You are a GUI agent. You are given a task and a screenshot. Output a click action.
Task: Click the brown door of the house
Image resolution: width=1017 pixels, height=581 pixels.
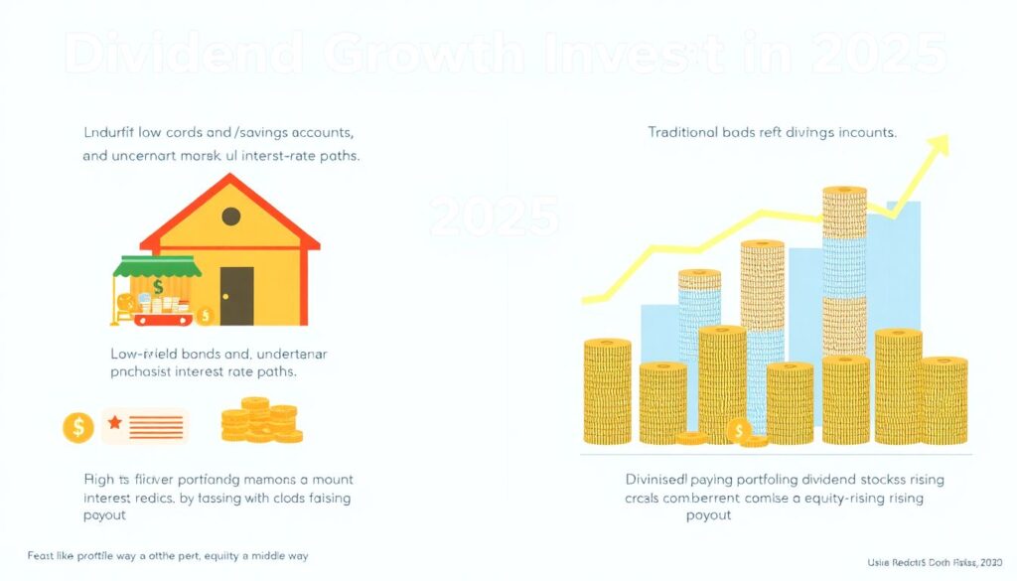click(x=236, y=295)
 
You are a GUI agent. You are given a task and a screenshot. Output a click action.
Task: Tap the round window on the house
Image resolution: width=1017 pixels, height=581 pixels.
click(x=230, y=217)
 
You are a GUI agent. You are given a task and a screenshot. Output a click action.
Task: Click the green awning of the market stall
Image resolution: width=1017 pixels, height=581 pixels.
click(x=157, y=266)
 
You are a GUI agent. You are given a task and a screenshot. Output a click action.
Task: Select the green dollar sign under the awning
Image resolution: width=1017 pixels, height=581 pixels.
click(x=158, y=288)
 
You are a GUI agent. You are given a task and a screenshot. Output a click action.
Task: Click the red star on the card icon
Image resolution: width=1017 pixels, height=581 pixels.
click(x=114, y=424)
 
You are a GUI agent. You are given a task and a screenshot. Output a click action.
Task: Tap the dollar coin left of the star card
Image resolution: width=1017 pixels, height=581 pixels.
click(x=77, y=427)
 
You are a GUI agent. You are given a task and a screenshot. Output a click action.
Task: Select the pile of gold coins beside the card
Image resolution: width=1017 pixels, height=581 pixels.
click(x=261, y=420)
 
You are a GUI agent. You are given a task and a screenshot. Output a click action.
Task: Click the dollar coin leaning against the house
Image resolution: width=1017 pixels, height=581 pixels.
click(x=206, y=316)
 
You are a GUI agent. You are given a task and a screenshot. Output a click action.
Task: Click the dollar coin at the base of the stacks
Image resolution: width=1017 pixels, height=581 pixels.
click(x=737, y=431)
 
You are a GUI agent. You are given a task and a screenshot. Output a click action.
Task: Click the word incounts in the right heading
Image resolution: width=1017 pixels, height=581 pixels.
click(x=864, y=132)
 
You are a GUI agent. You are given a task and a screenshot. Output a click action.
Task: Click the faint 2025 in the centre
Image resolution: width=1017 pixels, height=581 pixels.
click(x=495, y=216)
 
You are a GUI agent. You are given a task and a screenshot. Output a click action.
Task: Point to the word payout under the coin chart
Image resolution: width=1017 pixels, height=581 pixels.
click(x=708, y=514)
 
